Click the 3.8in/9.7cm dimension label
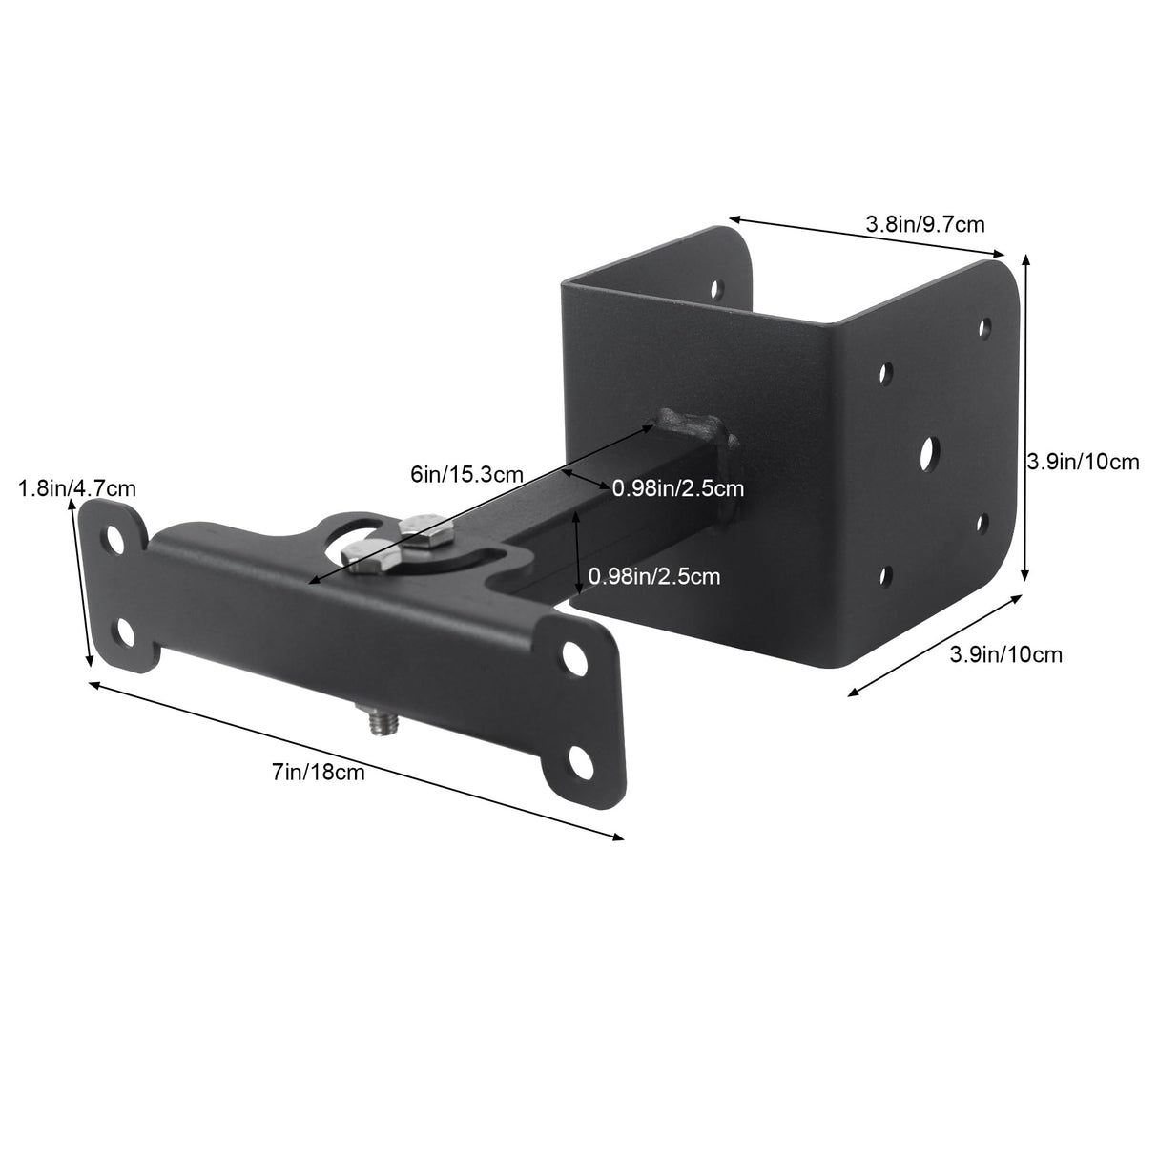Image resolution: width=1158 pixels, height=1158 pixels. tap(924, 225)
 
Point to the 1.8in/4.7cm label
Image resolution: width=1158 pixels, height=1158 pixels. tap(76, 488)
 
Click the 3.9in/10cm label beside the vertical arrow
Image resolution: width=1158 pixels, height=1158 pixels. tap(1082, 462)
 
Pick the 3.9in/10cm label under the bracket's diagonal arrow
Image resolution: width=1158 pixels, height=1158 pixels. tap(1005, 654)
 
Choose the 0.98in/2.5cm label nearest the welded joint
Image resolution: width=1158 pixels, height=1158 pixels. tap(677, 488)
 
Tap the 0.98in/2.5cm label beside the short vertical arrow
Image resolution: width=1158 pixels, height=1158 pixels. tap(654, 575)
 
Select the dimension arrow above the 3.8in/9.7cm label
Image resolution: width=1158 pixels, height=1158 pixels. tap(868, 238)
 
